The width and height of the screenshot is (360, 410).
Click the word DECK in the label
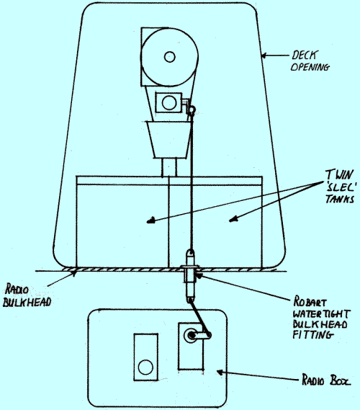(305, 55)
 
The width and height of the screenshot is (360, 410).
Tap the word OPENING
(310, 67)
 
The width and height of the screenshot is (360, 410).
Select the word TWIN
(339, 174)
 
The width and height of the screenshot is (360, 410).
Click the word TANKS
(340, 199)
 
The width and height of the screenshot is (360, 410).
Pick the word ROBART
(310, 301)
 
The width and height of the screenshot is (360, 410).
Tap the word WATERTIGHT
(321, 313)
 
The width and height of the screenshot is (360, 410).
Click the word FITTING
(313, 335)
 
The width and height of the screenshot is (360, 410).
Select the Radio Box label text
(326, 380)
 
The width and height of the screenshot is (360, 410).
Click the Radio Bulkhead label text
(27, 295)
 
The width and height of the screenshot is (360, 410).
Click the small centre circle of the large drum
(169, 57)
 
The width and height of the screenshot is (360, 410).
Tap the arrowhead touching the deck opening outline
(264, 55)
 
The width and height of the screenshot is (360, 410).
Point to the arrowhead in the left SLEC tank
(150, 221)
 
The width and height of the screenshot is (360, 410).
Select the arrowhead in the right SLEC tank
(233, 219)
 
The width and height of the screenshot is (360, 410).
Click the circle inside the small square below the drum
(168, 102)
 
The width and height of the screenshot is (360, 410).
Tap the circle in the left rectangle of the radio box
(145, 367)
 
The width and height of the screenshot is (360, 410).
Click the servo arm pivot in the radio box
(192, 335)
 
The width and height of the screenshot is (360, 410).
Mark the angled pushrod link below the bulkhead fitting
(200, 316)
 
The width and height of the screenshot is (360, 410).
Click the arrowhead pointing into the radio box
(220, 372)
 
